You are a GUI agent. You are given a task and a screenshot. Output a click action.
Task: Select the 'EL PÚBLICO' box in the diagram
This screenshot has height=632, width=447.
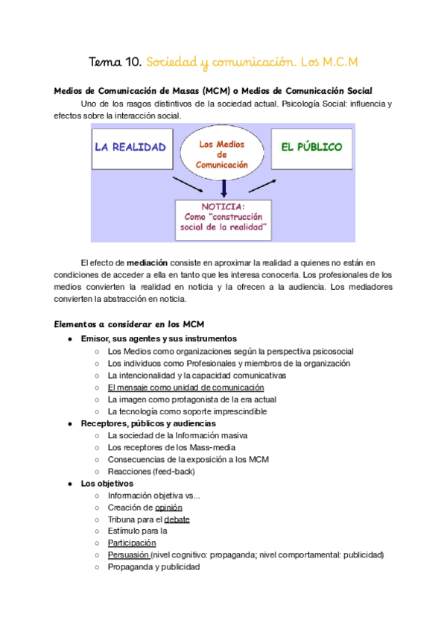[311, 147]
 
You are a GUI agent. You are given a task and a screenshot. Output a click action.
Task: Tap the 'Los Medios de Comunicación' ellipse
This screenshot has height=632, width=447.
[221, 154]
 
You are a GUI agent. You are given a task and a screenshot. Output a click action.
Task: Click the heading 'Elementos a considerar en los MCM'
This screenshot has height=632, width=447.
[124, 324]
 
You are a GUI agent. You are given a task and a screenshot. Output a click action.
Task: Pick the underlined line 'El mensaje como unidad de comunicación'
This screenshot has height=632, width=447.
[186, 388]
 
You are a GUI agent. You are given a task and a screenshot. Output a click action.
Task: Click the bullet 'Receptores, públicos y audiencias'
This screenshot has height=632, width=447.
[148, 423]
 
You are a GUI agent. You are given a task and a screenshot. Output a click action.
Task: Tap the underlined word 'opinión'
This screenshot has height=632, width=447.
[168, 508]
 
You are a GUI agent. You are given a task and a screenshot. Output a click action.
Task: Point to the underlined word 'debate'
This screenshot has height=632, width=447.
[177, 519]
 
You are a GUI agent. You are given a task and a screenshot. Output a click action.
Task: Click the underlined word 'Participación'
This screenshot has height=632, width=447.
[132, 543]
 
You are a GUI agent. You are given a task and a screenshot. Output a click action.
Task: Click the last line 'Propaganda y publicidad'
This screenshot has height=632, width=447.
[153, 567]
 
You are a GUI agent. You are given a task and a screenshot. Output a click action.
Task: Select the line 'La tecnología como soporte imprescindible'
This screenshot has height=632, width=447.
[187, 411]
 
